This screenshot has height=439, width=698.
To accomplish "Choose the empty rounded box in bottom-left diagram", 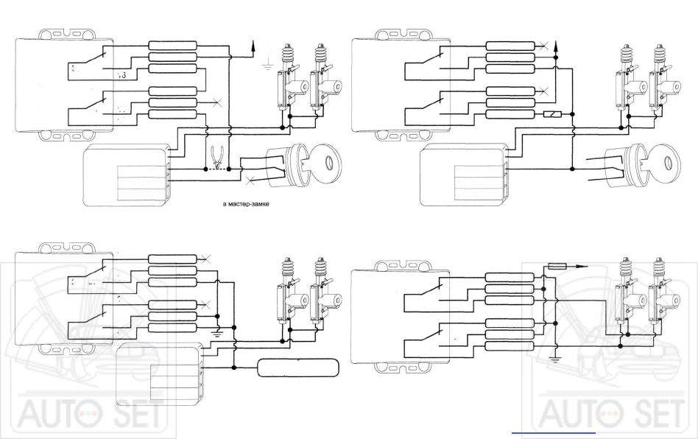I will click(297, 367).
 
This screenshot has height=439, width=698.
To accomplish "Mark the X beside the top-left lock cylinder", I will click(250, 180).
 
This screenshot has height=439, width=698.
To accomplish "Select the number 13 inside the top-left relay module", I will click(122, 76).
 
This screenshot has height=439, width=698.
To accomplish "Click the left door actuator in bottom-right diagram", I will click(625, 295).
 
